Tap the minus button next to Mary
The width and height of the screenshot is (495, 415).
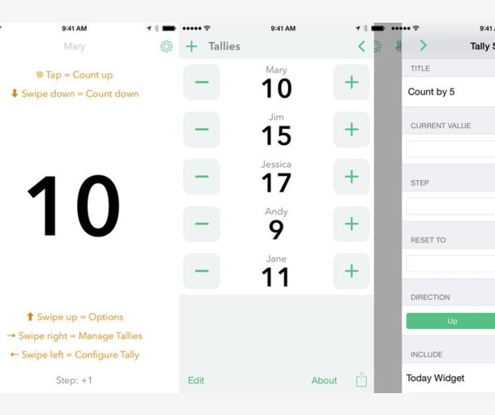coord(201,83)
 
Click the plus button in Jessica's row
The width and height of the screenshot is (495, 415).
coord(351,177)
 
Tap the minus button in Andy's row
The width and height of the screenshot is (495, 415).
coord(201,224)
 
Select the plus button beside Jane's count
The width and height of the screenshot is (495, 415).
coord(351,272)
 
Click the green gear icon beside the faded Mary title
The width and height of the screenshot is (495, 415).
coord(166,46)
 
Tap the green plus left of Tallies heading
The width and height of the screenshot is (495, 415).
coord(192,46)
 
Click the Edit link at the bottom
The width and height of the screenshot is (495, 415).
coord(196,380)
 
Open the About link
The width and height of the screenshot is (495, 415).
coord(325,380)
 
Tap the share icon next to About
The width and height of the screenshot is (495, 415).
coord(361,379)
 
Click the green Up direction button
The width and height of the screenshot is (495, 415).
coord(450,321)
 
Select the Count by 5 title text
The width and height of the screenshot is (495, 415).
coord(431,92)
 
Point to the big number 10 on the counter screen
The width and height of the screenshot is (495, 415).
coord(74,206)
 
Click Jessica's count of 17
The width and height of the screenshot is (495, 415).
coord(276,183)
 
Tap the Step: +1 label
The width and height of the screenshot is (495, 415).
coord(74,380)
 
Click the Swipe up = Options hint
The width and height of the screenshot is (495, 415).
coord(75,317)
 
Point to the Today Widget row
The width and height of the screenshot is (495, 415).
coord(435,378)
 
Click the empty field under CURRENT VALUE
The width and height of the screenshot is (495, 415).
coord(450,149)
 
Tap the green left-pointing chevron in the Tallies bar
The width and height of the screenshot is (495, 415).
coord(362,46)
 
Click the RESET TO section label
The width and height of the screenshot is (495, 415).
coord(428,240)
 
